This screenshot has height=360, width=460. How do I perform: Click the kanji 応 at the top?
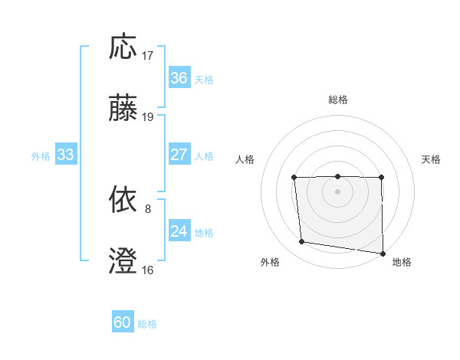(x=123, y=47)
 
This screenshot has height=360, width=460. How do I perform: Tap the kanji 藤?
(x=123, y=109)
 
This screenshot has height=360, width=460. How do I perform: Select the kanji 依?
(x=123, y=201)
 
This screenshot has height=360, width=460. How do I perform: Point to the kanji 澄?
(x=123, y=261)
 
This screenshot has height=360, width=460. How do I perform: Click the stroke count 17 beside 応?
(x=148, y=56)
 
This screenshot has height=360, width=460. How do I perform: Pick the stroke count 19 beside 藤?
(x=148, y=117)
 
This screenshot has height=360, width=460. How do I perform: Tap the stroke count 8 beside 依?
(x=148, y=208)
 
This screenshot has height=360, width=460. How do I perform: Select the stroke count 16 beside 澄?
(x=148, y=270)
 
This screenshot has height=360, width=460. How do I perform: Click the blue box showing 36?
(x=179, y=78)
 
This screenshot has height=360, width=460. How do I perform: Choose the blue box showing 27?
(x=179, y=155)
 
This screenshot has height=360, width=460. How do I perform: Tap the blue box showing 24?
(x=179, y=231)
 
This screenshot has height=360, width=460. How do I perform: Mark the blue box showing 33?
(x=65, y=155)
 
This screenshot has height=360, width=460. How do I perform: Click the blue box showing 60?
(x=123, y=322)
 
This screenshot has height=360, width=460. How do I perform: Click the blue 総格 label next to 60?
(x=147, y=324)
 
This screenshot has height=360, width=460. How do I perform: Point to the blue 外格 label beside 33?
(x=41, y=155)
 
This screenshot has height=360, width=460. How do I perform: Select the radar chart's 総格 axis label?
(x=337, y=100)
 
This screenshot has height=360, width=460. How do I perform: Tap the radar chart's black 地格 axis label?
(x=402, y=262)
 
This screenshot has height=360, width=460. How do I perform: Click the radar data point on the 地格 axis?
(x=383, y=254)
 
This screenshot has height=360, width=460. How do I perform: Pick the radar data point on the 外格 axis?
(x=302, y=242)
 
